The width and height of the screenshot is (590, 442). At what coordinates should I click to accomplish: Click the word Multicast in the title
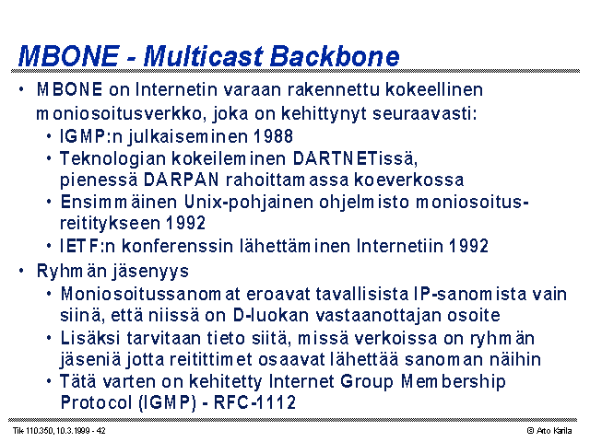(x=203, y=56)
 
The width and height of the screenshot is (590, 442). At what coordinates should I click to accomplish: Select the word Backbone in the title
(x=335, y=56)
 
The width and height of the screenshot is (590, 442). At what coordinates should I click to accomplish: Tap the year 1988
(x=273, y=136)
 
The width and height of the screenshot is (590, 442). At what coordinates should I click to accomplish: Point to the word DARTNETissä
(x=355, y=158)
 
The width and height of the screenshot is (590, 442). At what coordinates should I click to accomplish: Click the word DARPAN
(x=181, y=180)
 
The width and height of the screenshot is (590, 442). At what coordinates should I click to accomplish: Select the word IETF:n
(x=88, y=246)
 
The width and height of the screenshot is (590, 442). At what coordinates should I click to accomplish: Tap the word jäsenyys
(x=150, y=272)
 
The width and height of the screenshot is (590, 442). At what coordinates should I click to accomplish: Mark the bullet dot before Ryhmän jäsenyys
(x=21, y=271)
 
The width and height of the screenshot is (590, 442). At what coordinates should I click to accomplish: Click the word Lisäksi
(x=90, y=338)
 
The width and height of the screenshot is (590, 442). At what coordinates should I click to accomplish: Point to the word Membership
(x=453, y=381)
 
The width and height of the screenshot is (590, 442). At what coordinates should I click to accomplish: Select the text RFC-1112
(x=254, y=402)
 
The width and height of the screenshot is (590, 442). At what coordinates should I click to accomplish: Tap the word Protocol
(x=96, y=402)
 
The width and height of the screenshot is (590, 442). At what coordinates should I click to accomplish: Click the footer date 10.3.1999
(x=73, y=431)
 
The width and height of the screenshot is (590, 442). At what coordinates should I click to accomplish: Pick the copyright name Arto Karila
(x=554, y=431)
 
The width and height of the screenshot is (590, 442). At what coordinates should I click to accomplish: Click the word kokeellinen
(x=434, y=90)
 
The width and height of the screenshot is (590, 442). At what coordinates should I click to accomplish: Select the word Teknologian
(x=112, y=159)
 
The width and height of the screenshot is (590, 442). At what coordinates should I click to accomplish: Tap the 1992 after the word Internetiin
(x=469, y=246)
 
